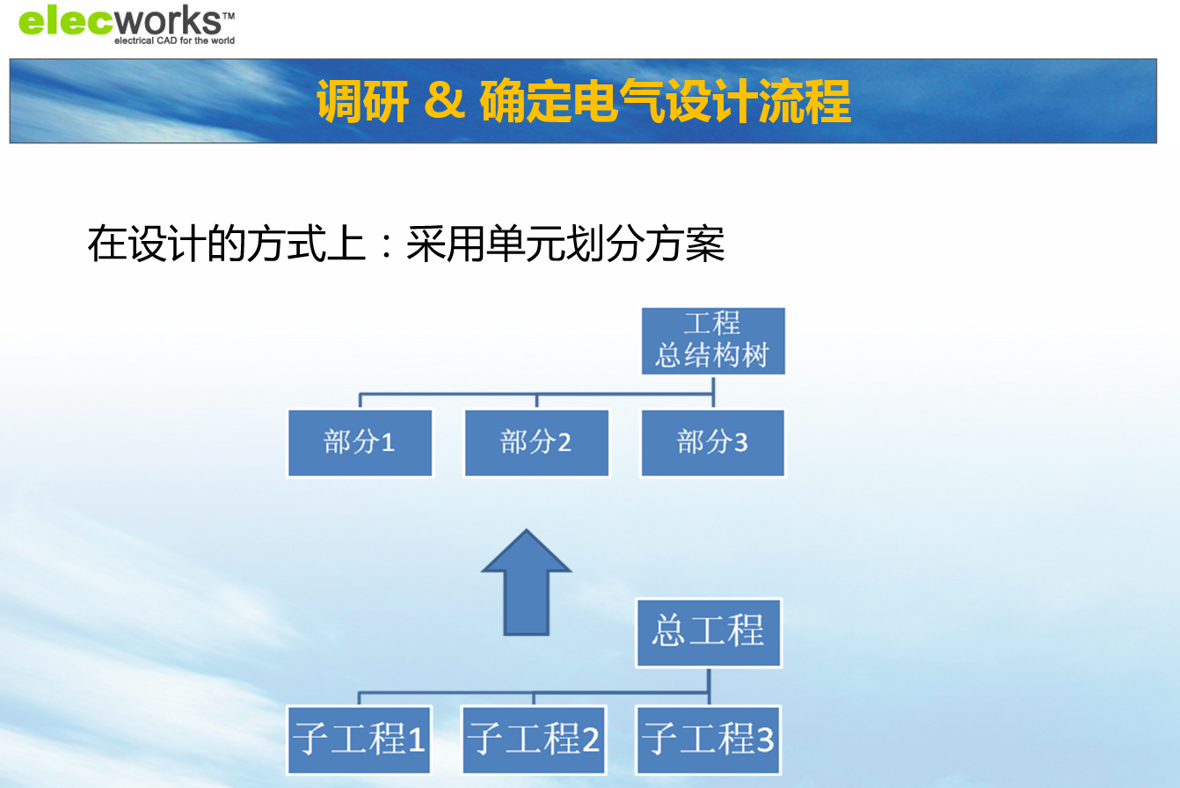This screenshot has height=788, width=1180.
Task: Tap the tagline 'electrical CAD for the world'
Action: pyautogui.click(x=174, y=40)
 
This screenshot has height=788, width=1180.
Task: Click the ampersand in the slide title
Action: pyautogui.click(x=444, y=99)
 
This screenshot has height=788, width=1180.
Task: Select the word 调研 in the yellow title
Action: pyautogui.click(x=362, y=100)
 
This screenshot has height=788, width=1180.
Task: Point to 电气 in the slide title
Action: pyautogui.click(x=618, y=100)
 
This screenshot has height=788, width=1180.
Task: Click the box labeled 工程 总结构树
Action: pyautogui.click(x=713, y=341)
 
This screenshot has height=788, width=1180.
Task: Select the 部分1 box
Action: pyautogui.click(x=360, y=442)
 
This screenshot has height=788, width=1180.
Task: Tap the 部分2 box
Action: pyautogui.click(x=536, y=442)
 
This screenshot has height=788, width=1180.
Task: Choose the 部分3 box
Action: pyautogui.click(x=713, y=442)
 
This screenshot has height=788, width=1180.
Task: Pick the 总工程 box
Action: pyautogui.click(x=709, y=632)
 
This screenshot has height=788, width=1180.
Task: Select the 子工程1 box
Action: pyautogui.click(x=359, y=740)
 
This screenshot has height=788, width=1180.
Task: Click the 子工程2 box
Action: pyautogui.click(x=534, y=740)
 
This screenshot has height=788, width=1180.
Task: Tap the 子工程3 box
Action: pyautogui.click(x=708, y=740)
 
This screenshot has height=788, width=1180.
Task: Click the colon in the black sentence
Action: pyautogui.click(x=387, y=244)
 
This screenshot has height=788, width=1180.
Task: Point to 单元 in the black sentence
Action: pyautogui.click(x=526, y=244)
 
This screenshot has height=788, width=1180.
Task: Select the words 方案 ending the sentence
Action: pyautogui.click(x=685, y=244)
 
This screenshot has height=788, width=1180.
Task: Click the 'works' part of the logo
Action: pyautogui.click(x=168, y=21)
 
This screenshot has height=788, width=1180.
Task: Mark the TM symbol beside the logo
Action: pyautogui.click(x=228, y=16)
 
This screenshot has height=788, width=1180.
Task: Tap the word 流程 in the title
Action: pyautogui.click(x=805, y=100)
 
